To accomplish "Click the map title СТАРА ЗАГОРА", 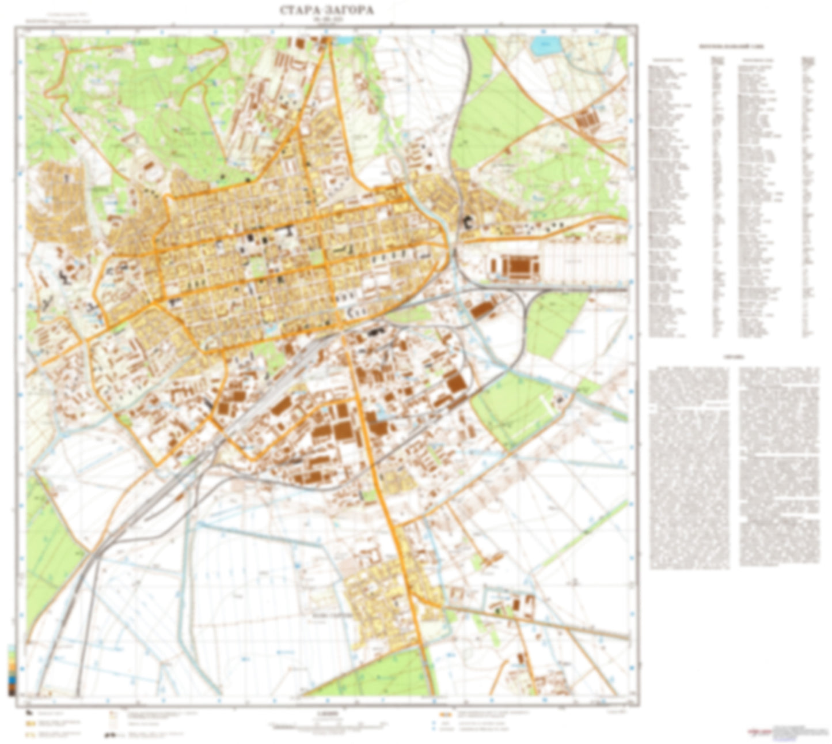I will pos(326,10).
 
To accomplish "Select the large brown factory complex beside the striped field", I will pos(515,266).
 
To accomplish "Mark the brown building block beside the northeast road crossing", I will pos(588,118).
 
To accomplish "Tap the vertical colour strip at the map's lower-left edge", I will pos(12,669).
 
